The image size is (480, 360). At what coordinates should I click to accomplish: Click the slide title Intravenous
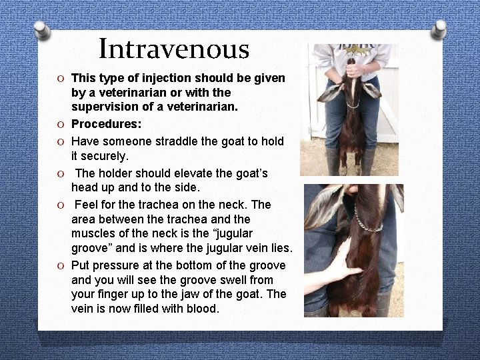(174, 49)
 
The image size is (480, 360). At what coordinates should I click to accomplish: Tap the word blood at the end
(202, 309)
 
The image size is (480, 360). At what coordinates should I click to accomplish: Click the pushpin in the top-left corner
(42, 29)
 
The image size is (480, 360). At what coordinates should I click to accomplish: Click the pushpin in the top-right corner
(438, 27)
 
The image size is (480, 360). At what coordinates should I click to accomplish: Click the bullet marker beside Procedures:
(60, 125)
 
